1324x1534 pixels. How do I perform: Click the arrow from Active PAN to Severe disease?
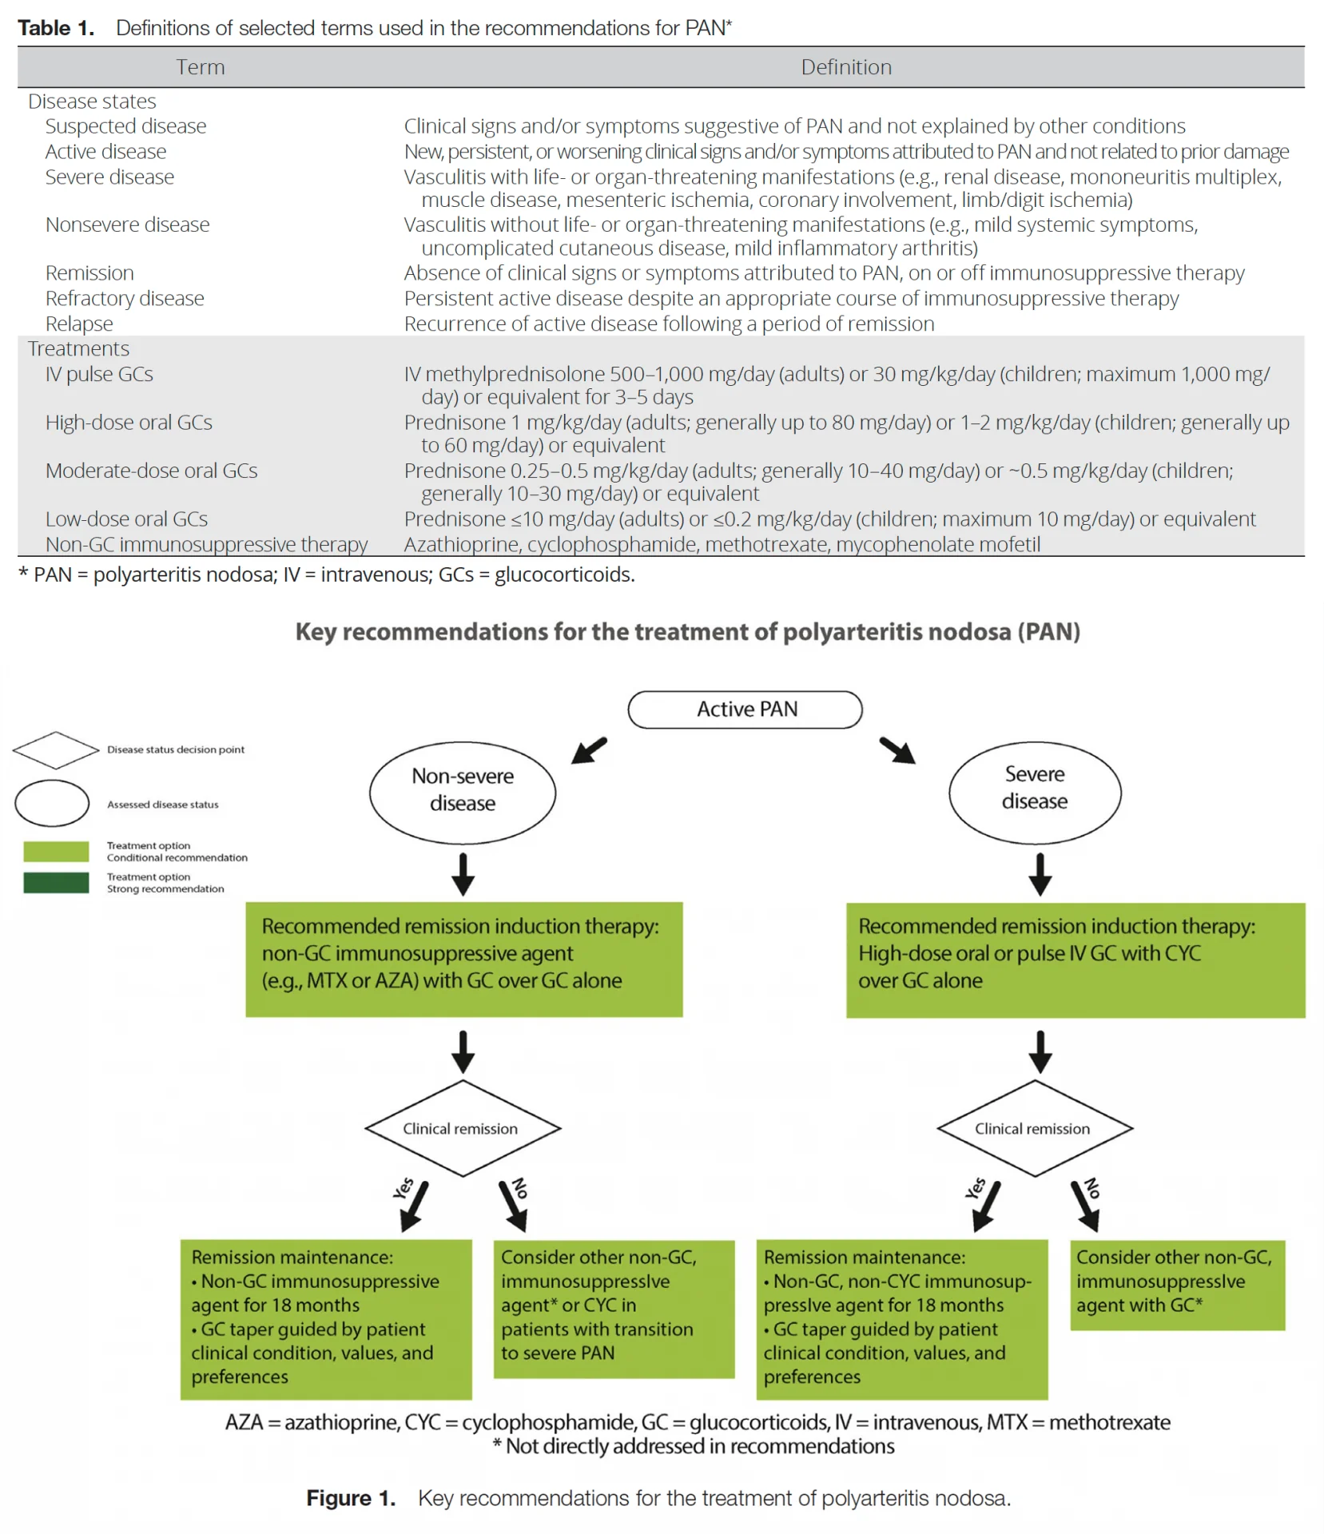pyautogui.click(x=897, y=750)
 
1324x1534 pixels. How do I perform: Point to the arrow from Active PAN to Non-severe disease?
pyautogui.click(x=590, y=750)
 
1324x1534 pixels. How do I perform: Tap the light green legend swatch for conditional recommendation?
pyautogui.click(x=56, y=851)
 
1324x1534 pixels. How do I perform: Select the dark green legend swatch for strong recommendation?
pyautogui.click(x=56, y=882)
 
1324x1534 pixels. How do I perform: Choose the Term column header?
pyautogui.click(x=201, y=67)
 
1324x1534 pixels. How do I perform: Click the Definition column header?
pyautogui.click(x=846, y=67)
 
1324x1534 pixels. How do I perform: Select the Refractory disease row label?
pyautogui.click(x=125, y=298)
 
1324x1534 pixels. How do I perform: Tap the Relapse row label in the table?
pyautogui.click(x=79, y=324)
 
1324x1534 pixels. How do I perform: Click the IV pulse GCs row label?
pyautogui.click(x=99, y=374)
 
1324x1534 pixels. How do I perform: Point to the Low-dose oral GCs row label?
pyautogui.click(x=126, y=519)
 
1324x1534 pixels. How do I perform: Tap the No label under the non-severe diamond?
pyautogui.click(x=520, y=1188)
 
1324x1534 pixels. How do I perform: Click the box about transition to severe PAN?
pyautogui.click(x=614, y=1309)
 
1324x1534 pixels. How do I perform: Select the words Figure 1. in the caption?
pyautogui.click(x=351, y=1498)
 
